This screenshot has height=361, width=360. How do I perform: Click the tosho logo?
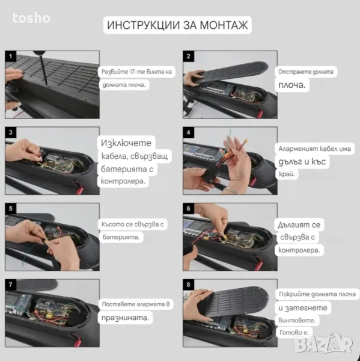tap(31, 17)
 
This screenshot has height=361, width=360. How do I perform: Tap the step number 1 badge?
tap(11, 56)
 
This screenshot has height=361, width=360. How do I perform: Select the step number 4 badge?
tap(188, 132)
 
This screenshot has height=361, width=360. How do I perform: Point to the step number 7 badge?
tap(11, 285)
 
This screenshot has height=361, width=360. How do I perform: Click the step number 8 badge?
tap(188, 285)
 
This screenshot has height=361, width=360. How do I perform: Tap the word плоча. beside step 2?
tap(292, 85)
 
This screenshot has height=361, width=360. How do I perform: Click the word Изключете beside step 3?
tap(126, 143)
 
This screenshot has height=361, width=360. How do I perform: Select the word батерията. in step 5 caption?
tap(121, 237)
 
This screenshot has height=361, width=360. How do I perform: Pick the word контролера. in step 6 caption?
tap(299, 250)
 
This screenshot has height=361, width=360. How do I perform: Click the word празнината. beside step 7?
tap(126, 318)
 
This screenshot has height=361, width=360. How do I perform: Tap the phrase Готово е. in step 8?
tap(294, 332)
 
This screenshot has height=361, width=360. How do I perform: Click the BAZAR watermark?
tap(324, 344)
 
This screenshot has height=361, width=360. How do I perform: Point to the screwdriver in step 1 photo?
tap(43, 67)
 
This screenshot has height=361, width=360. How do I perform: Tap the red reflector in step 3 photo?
tap(79, 187)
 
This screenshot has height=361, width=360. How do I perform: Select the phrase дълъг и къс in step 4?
tap(302, 162)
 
